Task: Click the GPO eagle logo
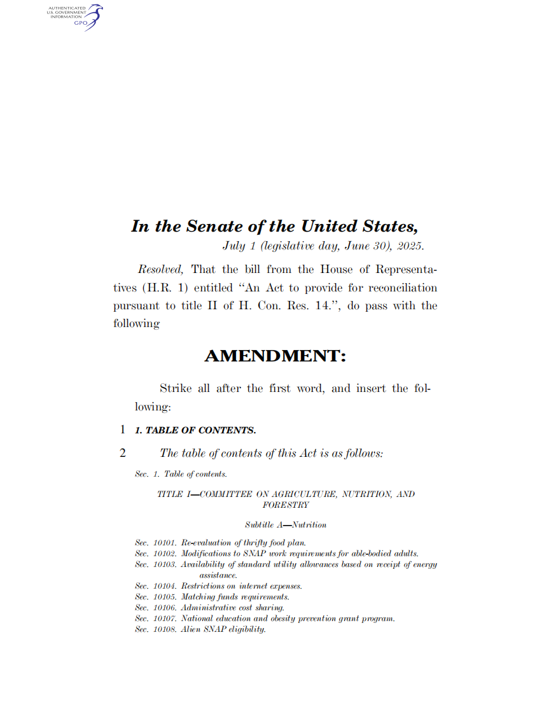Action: click(92, 17)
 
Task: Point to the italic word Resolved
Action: click(160, 270)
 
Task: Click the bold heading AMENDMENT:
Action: click(275, 356)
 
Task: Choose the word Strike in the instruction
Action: click(175, 388)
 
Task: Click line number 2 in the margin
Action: click(122, 454)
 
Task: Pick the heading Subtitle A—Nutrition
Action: click(285, 525)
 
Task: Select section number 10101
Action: click(165, 543)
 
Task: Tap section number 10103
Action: click(165, 564)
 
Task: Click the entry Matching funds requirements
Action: click(235, 597)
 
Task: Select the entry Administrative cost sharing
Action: click(232, 608)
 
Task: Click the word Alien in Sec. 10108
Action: click(191, 629)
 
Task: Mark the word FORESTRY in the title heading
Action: click(285, 505)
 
